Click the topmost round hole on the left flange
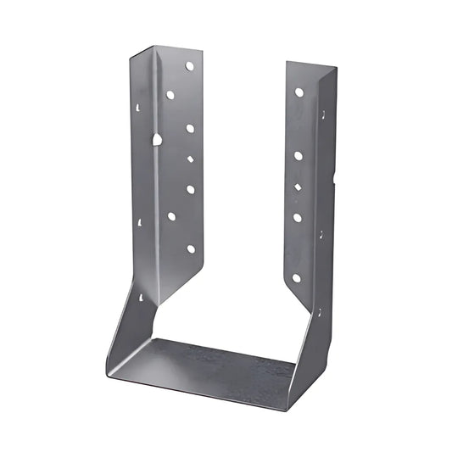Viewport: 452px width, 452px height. click(x=190, y=65)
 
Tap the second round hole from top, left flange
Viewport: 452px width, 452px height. click(x=170, y=95)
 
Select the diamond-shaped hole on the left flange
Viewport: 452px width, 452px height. click(x=190, y=158)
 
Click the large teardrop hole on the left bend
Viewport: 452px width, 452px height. click(x=157, y=138)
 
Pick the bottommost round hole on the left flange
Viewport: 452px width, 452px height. click(x=190, y=249)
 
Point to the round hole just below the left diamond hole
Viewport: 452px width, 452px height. click(x=190, y=189)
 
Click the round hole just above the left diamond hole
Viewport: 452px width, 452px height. click(x=190, y=128)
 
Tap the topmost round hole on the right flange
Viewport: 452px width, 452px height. click(x=299, y=92)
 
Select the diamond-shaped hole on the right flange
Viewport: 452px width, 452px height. click(x=299, y=186)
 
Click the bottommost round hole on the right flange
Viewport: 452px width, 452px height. click(x=296, y=277)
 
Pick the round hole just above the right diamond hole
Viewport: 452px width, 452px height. click(x=299, y=155)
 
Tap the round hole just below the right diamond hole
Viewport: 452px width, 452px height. click(x=298, y=217)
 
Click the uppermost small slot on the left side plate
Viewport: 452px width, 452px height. click(x=138, y=108)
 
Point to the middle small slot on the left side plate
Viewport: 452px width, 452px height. click(x=139, y=222)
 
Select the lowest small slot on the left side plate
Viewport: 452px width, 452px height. click(x=138, y=299)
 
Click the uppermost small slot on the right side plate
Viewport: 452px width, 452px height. click(x=321, y=113)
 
